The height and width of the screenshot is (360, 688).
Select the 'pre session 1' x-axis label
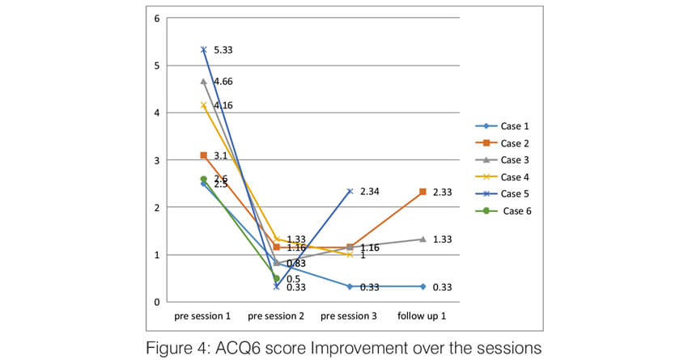click(203, 316)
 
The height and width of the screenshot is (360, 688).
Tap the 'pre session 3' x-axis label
click(350, 316)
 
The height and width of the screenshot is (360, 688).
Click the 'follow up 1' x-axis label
click(423, 316)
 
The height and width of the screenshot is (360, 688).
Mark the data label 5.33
click(223, 50)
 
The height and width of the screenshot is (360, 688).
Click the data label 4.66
click(223, 81)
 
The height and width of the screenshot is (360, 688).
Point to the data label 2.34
click(370, 192)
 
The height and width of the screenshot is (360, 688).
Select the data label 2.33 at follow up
click(443, 192)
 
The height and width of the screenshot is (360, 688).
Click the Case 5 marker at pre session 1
click(204, 49)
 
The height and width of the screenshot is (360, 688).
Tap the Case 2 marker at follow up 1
click(423, 192)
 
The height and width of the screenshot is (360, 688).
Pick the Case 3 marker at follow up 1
click(423, 239)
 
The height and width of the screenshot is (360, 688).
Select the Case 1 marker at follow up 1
click(423, 286)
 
